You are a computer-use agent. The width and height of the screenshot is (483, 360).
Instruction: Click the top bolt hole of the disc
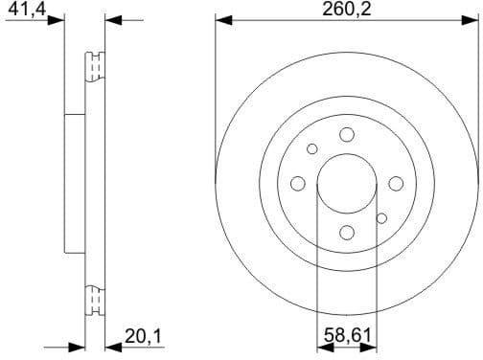(x=347, y=135)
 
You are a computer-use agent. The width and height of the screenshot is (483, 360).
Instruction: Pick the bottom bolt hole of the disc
(x=347, y=231)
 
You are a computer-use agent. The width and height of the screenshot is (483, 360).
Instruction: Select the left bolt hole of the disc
(x=298, y=183)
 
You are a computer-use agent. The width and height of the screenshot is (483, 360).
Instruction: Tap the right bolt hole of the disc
(x=395, y=183)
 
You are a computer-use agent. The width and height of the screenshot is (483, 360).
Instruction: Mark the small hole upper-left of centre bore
(x=312, y=148)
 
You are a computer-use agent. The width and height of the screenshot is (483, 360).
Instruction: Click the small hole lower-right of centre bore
(x=381, y=218)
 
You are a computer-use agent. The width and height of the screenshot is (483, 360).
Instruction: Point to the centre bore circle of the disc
(x=347, y=183)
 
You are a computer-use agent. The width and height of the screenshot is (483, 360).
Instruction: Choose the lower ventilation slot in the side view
(x=94, y=301)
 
